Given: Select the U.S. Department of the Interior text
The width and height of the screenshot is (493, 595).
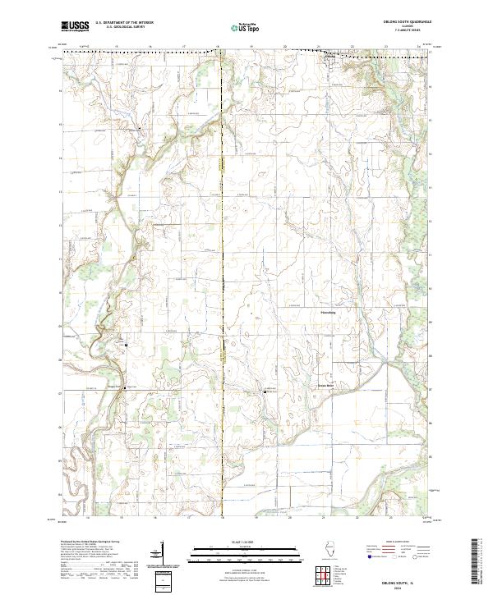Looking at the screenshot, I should click(123, 23).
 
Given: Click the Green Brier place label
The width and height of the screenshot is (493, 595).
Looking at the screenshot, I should click(328, 386).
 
